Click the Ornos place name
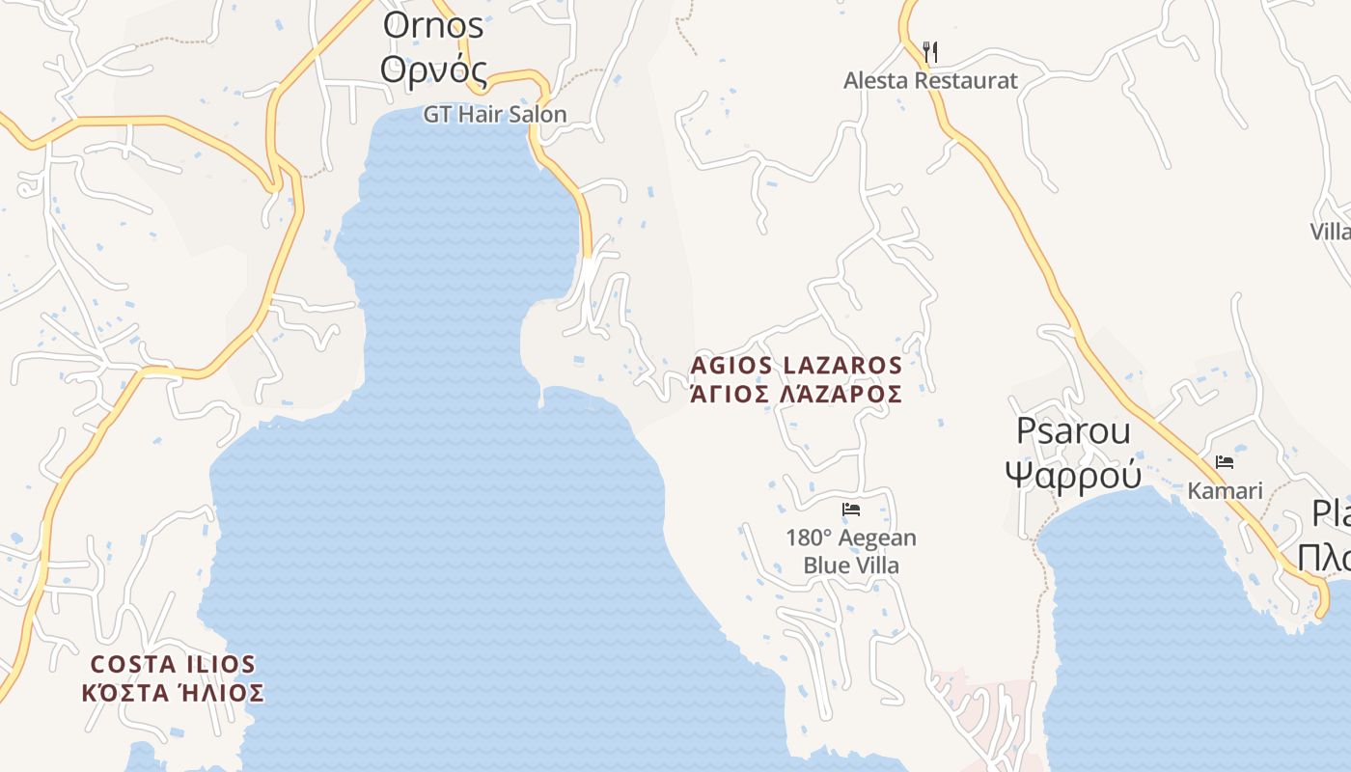[433, 26]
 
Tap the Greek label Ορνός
[433, 69]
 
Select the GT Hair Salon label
[495, 114]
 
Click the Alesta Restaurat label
[930, 80]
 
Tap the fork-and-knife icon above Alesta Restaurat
[930, 51]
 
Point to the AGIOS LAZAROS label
[796, 366]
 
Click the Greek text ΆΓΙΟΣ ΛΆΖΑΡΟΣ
[796, 394]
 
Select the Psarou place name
[1073, 431]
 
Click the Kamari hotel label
[1225, 491]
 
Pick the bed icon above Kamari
[1225, 462]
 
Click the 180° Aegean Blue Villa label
[851, 551]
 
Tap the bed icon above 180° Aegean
[851, 510]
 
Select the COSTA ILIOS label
[173, 664]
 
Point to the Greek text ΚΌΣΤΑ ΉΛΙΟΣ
[173, 693]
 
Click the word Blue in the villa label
[825, 565]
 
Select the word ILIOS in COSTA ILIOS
[218, 664]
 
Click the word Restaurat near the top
[965, 80]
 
